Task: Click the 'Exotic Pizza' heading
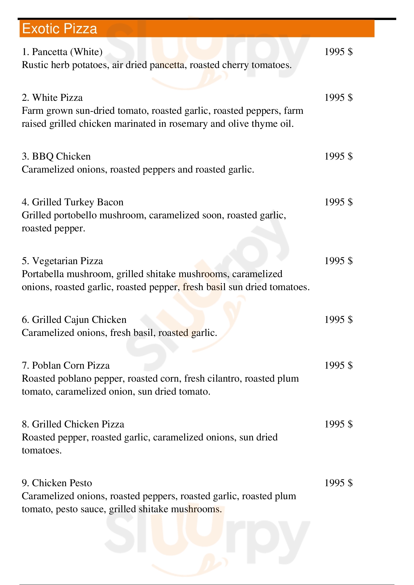click(59, 29)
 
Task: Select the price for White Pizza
click(338, 98)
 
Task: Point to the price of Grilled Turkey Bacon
click(338, 202)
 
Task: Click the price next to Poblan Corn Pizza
click(338, 366)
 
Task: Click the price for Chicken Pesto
click(338, 483)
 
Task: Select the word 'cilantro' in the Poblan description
click(224, 379)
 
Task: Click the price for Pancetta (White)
click(338, 52)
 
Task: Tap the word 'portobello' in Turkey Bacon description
click(75, 216)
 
